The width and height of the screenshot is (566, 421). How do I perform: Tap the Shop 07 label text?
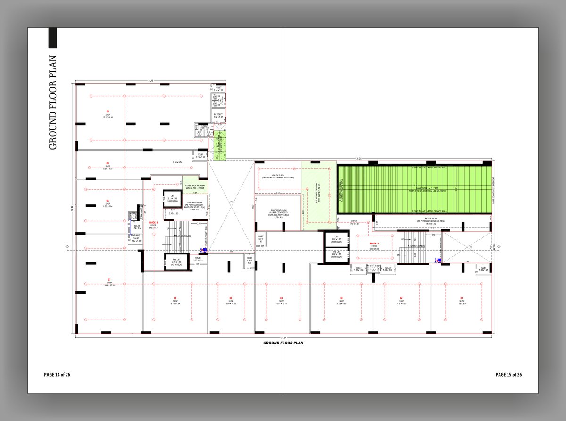coord(109,283)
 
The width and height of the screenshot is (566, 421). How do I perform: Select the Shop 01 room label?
coord(462,301)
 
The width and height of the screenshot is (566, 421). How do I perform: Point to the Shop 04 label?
coord(281,301)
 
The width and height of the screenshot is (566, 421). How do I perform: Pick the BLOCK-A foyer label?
coord(374,244)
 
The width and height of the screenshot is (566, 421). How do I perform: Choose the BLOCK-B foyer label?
coord(153,225)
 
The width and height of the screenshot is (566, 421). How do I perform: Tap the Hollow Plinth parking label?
coord(278,176)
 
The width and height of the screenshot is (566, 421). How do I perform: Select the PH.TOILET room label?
coord(218,116)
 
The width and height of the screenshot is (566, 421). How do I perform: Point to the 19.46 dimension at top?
coord(151,81)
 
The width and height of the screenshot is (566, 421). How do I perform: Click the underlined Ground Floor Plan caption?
coord(283,343)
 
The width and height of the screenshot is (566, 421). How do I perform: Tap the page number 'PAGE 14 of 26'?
coord(57,375)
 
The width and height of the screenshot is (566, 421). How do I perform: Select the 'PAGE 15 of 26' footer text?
coord(508,375)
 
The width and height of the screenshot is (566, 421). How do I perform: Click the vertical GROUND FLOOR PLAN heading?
coord(53,102)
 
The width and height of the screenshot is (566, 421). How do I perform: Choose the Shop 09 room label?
coord(108,165)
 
